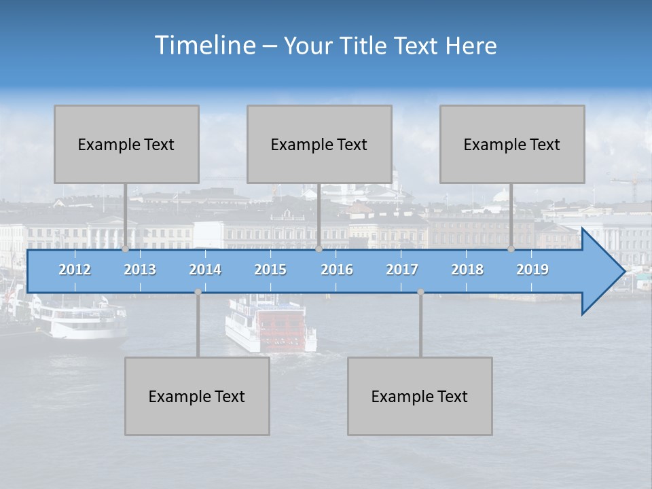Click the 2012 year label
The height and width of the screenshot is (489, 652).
pos(75,270)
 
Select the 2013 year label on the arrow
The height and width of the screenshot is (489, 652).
pos(140,270)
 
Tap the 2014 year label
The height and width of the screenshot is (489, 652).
pos(205,270)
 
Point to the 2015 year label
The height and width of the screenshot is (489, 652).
pos(270,270)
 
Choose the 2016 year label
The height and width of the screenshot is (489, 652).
pos(337,270)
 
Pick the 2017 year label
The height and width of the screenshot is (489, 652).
pos(402,270)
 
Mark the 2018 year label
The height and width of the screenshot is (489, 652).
pos(467,270)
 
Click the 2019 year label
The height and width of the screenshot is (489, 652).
pos(532,270)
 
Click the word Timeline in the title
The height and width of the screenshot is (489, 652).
pos(204,46)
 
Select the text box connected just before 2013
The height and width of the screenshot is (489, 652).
pos(126,144)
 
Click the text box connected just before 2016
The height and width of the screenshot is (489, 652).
pos(319,144)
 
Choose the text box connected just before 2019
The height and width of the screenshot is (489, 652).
pos(512,144)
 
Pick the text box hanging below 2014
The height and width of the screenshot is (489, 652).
pos(197,396)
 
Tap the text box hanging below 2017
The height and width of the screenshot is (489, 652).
pos(420,396)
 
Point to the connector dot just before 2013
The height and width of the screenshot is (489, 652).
pos(125,249)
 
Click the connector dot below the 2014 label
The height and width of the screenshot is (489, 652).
pos(198,292)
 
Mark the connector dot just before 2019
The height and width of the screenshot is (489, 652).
pos(511,249)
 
